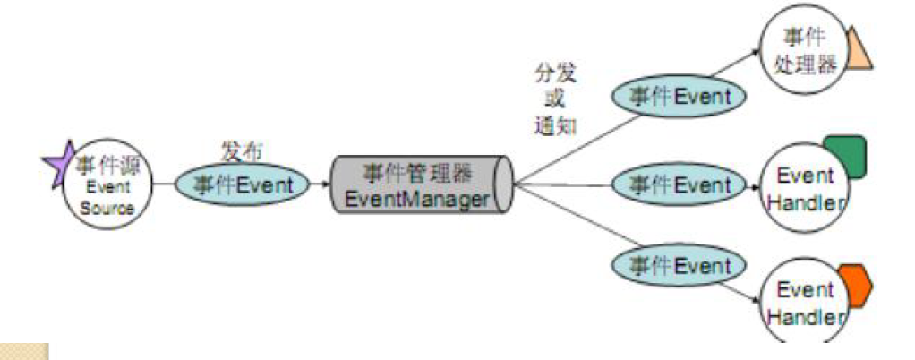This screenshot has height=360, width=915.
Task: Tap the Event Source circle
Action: pos(106,184)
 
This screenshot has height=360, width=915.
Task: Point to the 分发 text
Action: pos(552,73)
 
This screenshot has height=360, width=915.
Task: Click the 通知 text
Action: pos(552,124)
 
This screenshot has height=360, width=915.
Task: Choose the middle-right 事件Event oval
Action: pos(677,185)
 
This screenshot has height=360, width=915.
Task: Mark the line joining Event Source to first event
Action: pos(163,185)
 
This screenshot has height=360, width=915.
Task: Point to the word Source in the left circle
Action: pos(107,208)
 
